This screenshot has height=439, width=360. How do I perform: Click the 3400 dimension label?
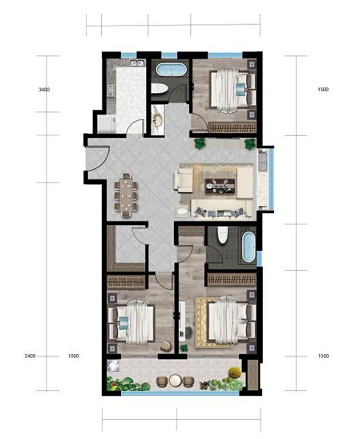(x=44, y=90)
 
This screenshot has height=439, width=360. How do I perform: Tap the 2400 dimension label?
(x=30, y=356)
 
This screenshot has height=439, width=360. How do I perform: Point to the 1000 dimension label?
(x=74, y=356)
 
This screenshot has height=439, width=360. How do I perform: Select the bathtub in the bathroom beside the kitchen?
(x=171, y=70)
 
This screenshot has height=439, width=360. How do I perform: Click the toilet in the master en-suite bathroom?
(x=223, y=235)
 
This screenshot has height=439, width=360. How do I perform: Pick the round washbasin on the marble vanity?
(x=157, y=119)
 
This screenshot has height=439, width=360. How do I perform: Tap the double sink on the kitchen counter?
(x=138, y=63)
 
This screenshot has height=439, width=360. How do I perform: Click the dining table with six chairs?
(x=126, y=195)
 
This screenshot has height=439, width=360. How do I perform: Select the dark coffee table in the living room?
(x=220, y=186)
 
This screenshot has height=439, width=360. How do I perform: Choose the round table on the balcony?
(x=176, y=381)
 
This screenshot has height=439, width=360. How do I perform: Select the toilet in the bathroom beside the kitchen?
(x=160, y=88)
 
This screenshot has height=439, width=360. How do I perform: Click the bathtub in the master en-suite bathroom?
(x=249, y=247)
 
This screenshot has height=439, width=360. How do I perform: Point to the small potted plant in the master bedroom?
(x=184, y=348)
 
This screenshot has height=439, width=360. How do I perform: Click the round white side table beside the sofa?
(x=182, y=211)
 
